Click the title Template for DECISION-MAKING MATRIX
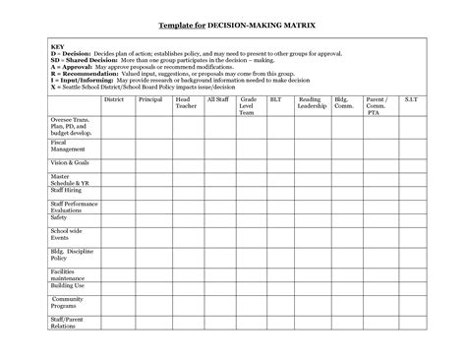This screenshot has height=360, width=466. point(233,23)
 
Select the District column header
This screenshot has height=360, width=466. point(114,99)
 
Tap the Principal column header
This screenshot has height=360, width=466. point(149,99)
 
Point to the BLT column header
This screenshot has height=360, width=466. point(279,99)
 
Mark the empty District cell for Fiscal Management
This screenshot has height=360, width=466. point(114,145)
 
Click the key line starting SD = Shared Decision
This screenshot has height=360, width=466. point(197,61)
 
